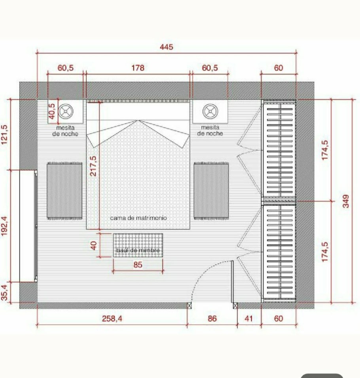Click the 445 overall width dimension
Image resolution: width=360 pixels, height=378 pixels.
[x=167, y=47]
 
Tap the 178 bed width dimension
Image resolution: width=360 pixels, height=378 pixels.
[x=138, y=68]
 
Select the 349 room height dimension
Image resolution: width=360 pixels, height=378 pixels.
[x=346, y=201]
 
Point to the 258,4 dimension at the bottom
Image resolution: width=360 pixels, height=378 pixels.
[x=112, y=319]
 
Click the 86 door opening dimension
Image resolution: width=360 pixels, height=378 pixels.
[x=212, y=319]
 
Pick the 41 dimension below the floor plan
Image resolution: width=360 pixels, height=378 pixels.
[x=249, y=319]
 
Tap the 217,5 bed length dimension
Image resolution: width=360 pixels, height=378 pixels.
[x=93, y=166]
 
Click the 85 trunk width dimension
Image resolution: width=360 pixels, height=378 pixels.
[x=138, y=265]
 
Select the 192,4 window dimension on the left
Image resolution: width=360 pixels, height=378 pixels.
[x=5, y=226]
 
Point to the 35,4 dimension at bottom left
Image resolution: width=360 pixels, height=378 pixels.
[x=5, y=293]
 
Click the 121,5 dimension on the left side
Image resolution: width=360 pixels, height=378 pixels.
[x=5, y=135]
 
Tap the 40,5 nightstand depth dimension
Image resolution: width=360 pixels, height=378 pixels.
[x=52, y=111]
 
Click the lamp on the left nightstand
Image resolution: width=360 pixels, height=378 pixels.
[x=66, y=112]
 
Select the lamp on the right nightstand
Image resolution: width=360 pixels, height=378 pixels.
[x=210, y=112]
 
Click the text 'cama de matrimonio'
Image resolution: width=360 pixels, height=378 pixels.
[x=138, y=218]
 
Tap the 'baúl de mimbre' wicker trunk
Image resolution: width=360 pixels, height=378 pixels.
[x=138, y=245]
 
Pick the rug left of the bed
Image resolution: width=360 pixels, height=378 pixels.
[x=64, y=191]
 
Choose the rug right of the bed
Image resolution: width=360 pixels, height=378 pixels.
[x=211, y=191]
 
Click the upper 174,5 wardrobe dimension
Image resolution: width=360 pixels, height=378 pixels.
[x=325, y=150]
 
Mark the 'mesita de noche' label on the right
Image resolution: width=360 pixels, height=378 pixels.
[x=210, y=130]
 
